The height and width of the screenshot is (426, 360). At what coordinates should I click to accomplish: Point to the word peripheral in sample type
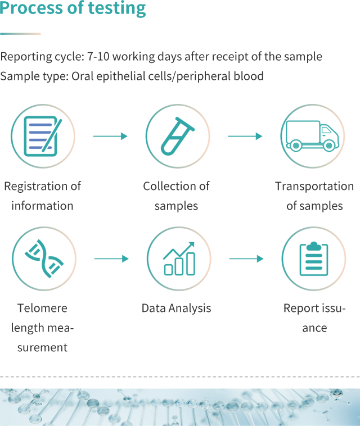[202, 76]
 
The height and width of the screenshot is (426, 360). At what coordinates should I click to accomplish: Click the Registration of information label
[42, 196]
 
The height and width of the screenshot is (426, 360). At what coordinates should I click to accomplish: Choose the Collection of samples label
[176, 196]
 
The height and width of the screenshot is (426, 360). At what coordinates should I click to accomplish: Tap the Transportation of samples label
[314, 196]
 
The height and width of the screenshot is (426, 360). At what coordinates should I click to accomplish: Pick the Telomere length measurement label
[42, 328]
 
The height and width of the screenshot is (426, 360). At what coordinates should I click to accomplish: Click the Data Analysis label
[176, 308]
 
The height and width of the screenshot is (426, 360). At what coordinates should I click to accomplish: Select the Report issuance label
[314, 318]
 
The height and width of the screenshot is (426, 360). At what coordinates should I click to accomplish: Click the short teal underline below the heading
[20, 34]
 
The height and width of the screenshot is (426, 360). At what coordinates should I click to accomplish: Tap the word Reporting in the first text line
[25, 57]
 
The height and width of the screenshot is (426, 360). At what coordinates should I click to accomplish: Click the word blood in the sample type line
[249, 76]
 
